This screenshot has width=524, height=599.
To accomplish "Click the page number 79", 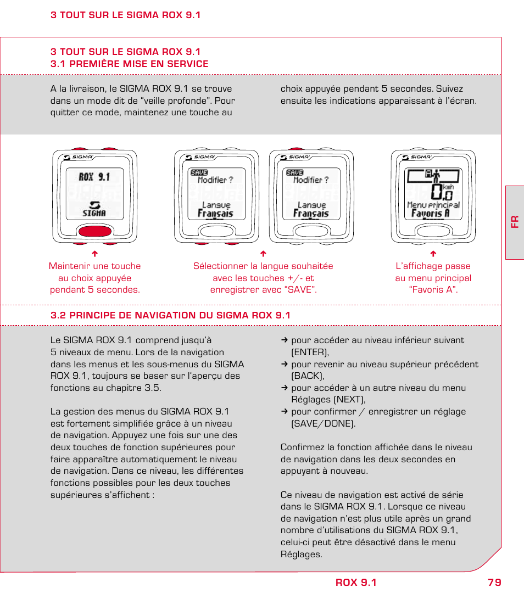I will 494,583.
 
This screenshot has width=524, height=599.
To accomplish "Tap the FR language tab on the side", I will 515,222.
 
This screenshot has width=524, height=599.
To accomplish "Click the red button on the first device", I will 95,231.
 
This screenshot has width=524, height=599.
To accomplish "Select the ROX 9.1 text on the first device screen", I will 94,177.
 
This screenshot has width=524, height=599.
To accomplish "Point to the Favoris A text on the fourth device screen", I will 431,214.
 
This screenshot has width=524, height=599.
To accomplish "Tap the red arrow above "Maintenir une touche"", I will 94,254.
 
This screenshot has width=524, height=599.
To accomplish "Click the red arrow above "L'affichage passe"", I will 433,254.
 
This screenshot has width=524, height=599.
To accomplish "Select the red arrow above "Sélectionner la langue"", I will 263,254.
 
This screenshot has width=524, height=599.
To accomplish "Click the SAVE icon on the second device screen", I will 199,172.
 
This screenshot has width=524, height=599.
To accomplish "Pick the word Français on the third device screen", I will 311,214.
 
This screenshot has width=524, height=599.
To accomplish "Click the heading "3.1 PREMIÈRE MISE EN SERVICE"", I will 130,64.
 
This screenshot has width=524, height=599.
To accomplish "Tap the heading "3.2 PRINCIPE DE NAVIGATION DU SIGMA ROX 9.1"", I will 170,315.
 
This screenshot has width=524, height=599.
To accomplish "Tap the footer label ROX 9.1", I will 356,583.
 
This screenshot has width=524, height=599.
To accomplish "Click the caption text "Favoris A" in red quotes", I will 433,290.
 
